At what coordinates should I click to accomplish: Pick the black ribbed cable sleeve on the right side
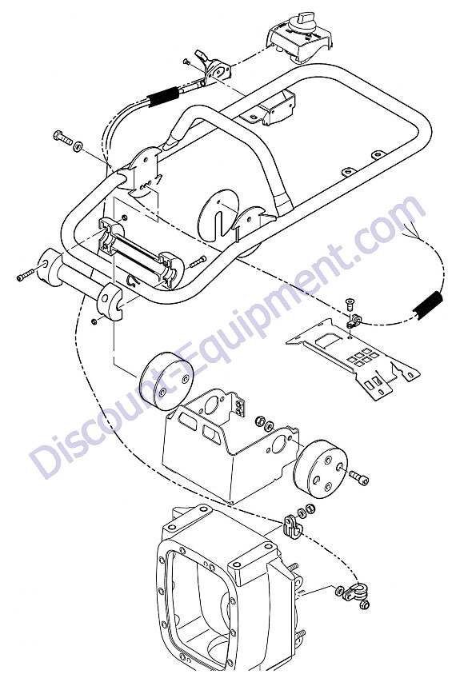tap(428, 305)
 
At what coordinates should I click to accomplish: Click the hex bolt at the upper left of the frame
tap(62, 138)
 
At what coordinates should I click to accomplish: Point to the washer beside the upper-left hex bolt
tap(78, 146)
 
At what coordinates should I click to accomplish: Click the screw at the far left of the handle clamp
tap(26, 274)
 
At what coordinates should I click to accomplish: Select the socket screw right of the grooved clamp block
tap(198, 261)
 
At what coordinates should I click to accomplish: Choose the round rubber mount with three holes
tap(321, 469)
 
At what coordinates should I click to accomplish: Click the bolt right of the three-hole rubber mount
tap(358, 478)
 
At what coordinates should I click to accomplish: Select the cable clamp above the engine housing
tap(292, 526)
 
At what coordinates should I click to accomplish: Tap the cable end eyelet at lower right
tap(356, 592)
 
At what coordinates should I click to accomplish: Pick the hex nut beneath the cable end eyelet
tap(365, 604)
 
